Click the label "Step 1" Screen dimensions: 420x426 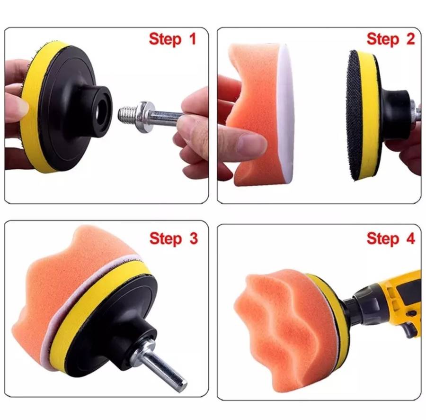coord(172,38)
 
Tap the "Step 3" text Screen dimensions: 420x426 coord(173,238)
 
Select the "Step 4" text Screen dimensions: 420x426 coord(390,238)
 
